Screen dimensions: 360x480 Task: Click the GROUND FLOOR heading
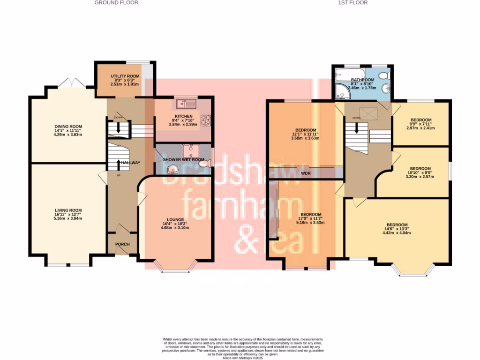point(116,3)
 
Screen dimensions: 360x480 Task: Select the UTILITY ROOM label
point(125,76)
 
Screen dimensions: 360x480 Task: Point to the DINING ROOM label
point(68,127)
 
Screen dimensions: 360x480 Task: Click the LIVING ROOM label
point(68,210)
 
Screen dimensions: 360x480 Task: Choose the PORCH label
point(122,244)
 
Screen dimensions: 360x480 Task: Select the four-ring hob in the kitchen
point(206,120)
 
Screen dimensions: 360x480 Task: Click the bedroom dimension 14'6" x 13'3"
point(397,229)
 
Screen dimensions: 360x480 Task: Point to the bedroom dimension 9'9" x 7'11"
point(421,124)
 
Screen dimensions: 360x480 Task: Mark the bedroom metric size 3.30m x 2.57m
point(420,177)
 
